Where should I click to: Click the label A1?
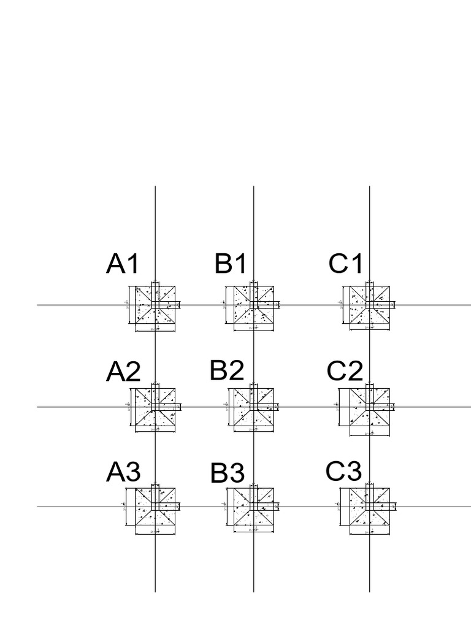tap(123, 264)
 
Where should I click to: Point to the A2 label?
tap(123, 372)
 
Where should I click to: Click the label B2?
tap(227, 370)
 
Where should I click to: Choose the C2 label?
tap(345, 371)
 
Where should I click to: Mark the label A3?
tap(123, 472)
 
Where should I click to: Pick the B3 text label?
tap(228, 473)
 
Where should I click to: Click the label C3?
tap(343, 472)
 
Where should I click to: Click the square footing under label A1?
tap(155, 305)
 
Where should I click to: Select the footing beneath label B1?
tap(253, 305)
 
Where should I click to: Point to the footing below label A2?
tap(155, 407)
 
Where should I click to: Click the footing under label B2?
tap(253, 407)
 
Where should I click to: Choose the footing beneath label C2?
tap(370, 407)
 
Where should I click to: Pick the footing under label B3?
tap(253, 507)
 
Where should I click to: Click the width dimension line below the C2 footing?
tap(370, 435)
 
